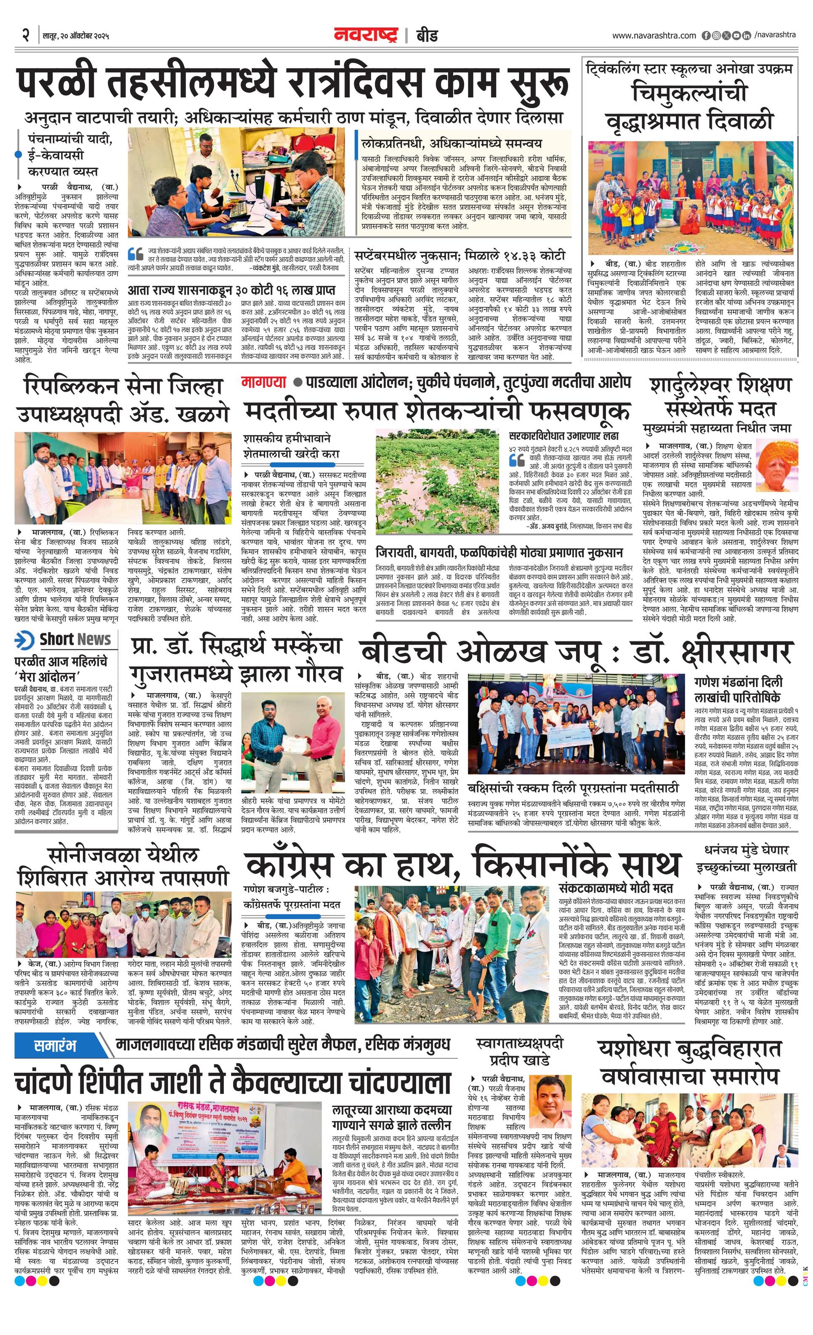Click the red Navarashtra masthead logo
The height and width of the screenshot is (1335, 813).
[x=366, y=36]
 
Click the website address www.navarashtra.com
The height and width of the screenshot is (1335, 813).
[x=654, y=36]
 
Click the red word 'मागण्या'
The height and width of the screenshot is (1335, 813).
[x=264, y=382]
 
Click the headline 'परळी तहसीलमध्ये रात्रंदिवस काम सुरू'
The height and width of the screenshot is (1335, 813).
[x=292, y=83]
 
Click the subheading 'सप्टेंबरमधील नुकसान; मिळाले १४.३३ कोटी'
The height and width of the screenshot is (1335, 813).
[x=460, y=255]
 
